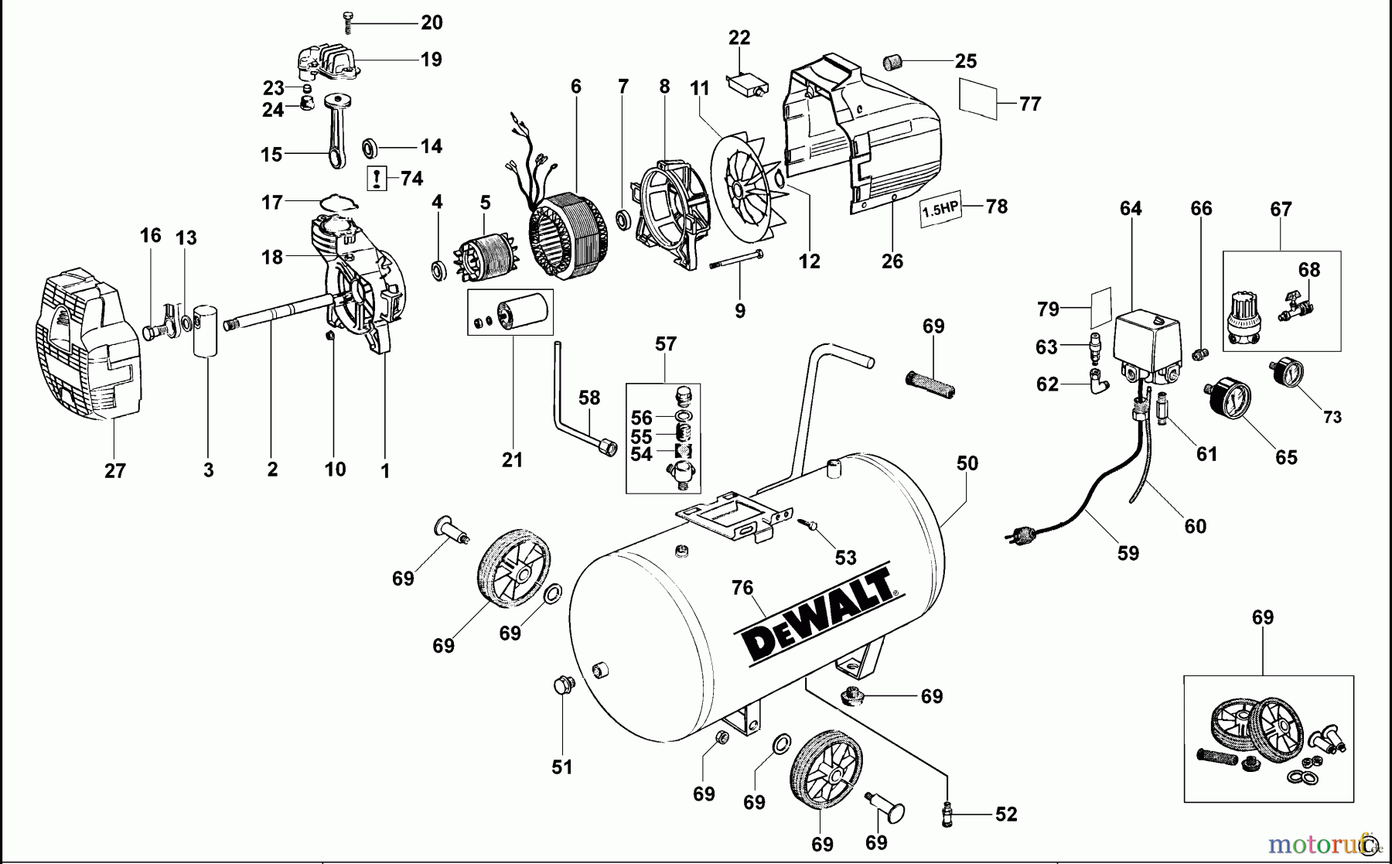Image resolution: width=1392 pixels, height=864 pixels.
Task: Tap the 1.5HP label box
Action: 940,209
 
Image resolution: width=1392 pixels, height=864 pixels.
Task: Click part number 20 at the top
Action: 432,22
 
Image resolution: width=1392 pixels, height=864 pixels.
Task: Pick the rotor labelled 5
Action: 484,252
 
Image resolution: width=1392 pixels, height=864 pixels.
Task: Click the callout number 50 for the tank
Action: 967,463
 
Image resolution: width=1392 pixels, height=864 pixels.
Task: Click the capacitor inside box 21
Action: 521,311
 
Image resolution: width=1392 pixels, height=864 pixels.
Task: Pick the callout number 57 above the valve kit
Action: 665,343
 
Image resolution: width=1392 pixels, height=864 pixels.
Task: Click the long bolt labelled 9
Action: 738,260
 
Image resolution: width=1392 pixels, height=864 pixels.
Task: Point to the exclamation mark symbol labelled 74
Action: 377,179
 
